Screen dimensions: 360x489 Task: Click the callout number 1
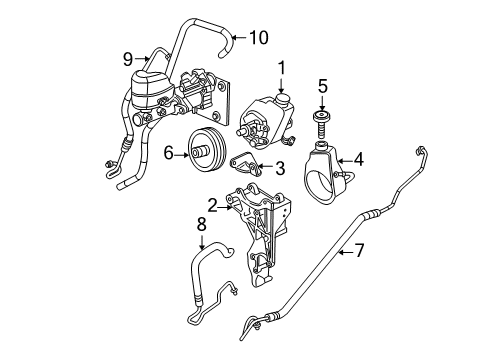[282, 67]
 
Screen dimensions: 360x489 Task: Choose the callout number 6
[169, 151]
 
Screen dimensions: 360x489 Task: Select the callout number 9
[129, 57]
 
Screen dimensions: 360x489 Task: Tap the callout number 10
[259, 39]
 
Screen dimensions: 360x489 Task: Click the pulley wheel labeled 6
[208, 152]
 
